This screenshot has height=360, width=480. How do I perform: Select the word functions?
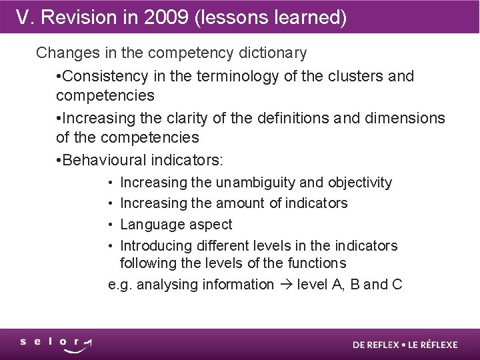click(313, 263)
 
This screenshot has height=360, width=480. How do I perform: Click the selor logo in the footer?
click(56, 345)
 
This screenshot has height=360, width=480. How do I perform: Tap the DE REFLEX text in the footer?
click(375, 345)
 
